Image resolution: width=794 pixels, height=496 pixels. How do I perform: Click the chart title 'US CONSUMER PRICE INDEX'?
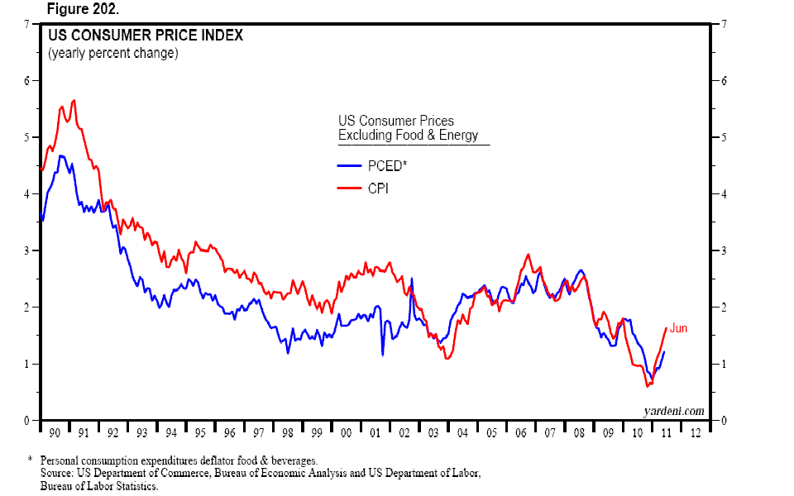(x=145, y=36)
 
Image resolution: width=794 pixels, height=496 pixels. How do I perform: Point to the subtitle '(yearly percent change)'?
(x=112, y=54)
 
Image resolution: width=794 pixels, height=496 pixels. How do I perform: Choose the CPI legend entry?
(x=377, y=189)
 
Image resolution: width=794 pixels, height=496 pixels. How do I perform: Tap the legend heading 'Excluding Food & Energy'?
(x=408, y=136)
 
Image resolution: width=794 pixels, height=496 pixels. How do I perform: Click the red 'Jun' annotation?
(x=678, y=328)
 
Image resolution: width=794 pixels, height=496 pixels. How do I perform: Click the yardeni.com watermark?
(x=673, y=411)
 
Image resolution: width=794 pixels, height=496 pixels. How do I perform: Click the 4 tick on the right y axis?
(x=725, y=194)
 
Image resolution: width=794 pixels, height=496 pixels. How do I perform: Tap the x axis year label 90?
(x=53, y=432)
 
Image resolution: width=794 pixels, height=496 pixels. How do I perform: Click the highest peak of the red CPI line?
(x=74, y=100)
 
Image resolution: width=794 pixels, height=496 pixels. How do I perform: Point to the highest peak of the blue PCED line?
(x=60, y=155)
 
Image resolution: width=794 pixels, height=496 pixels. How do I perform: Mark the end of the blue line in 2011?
(x=664, y=352)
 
